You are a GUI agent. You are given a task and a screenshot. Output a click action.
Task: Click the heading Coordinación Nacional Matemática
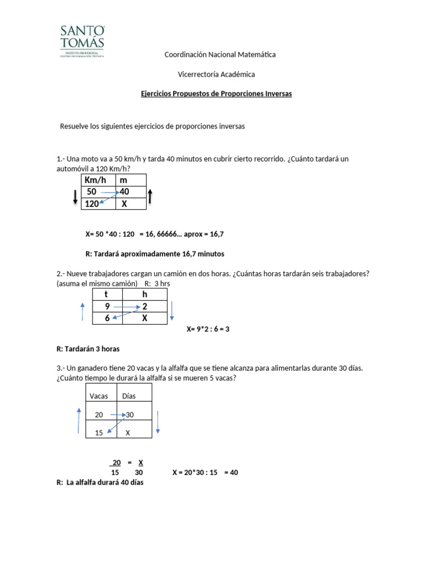click(219, 55)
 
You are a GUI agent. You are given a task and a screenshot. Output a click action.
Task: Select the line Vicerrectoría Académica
click(216, 74)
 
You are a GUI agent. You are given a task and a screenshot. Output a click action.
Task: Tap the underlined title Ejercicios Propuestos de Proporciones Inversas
click(216, 94)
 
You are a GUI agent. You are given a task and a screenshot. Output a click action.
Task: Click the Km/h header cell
click(98, 180)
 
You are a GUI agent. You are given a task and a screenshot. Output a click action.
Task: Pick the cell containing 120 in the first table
click(98, 204)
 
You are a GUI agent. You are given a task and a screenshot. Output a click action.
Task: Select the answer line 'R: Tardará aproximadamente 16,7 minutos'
click(154, 254)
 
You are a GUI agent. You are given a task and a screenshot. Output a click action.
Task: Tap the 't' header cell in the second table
click(107, 294)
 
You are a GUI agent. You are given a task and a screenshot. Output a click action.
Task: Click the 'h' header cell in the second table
click(144, 294)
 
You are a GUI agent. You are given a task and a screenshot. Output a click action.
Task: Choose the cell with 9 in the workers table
click(107, 307)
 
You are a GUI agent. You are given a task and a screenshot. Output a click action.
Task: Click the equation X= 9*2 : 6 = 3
click(208, 329)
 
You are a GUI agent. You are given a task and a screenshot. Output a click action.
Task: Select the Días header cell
click(134, 396)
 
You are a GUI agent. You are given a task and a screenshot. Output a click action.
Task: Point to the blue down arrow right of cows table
click(158, 422)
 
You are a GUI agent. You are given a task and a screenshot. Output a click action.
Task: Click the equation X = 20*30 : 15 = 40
click(205, 473)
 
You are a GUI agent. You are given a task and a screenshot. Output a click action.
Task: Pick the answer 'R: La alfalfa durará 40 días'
click(100, 482)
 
